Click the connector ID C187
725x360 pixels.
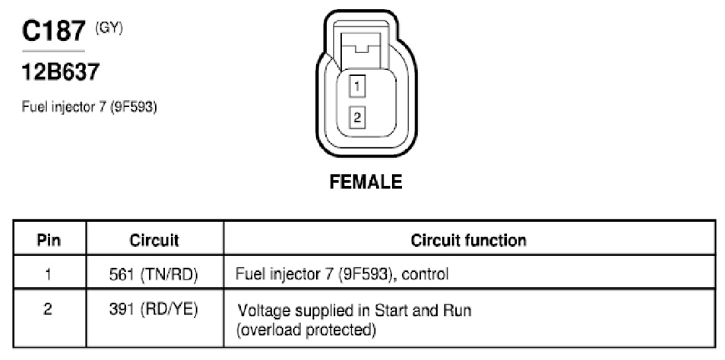[54, 31]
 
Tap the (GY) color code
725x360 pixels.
[109, 29]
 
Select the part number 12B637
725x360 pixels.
[61, 72]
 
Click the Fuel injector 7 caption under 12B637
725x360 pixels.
[89, 107]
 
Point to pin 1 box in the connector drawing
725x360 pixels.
[357, 86]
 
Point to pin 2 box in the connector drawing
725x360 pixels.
[357, 118]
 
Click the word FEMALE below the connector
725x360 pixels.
[366, 182]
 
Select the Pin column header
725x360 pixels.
[49, 240]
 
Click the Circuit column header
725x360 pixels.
[154, 240]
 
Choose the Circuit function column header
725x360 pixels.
[468, 240]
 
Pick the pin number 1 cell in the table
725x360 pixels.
[48, 274]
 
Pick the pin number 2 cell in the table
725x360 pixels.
[48, 310]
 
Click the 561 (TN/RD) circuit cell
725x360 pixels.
[154, 275]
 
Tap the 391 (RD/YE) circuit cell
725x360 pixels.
[154, 310]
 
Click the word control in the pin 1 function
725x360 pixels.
[426, 274]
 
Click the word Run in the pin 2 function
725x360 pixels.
[457, 310]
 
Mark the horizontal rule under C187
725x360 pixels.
[54, 51]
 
